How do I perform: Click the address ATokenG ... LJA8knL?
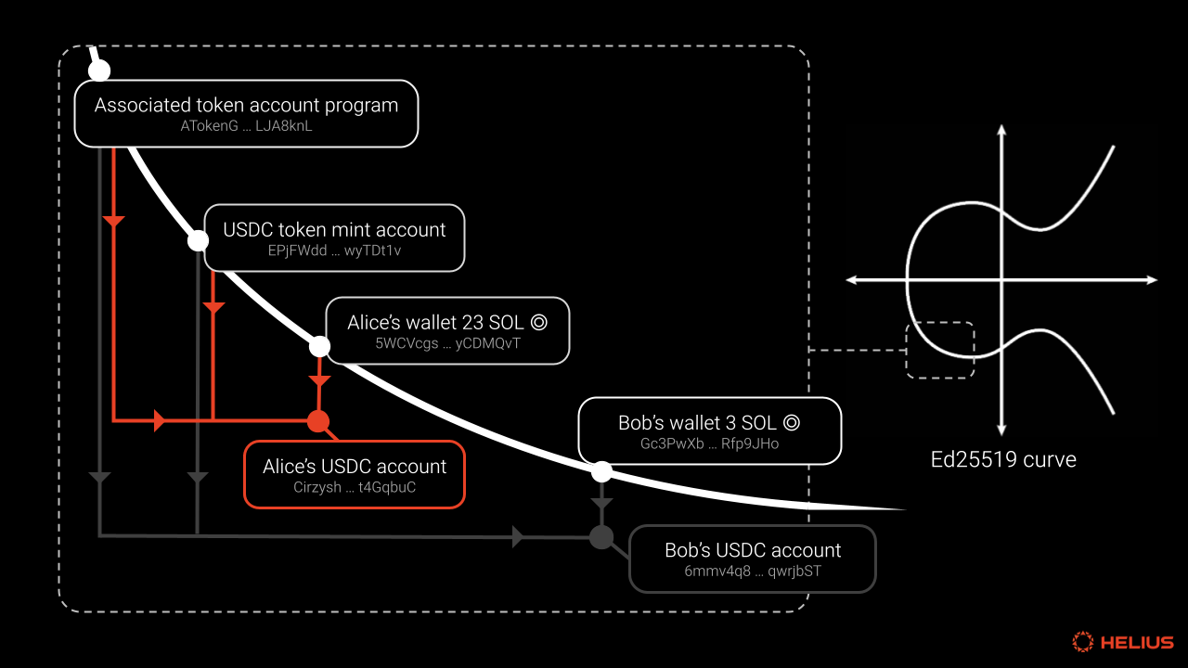pos(246,126)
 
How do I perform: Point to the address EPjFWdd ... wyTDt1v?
pos(334,250)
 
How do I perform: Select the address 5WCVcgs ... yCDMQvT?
pos(447,343)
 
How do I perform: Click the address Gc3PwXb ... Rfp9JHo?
pos(710,443)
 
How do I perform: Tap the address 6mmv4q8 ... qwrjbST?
pos(753,571)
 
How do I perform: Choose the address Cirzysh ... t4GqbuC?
pos(355,487)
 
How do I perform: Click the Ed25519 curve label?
pos(1003,459)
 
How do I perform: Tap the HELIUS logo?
pos(1123,642)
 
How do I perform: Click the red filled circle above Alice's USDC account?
pos(318,421)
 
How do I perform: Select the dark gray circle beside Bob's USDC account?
pos(601,537)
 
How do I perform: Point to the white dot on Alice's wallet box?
pos(319,347)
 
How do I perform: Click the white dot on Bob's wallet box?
pos(601,471)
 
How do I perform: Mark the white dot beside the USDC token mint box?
pos(198,241)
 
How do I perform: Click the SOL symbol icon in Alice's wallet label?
pos(539,322)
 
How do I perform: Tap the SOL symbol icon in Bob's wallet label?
pos(792,422)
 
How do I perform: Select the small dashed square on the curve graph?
pos(907,351)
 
